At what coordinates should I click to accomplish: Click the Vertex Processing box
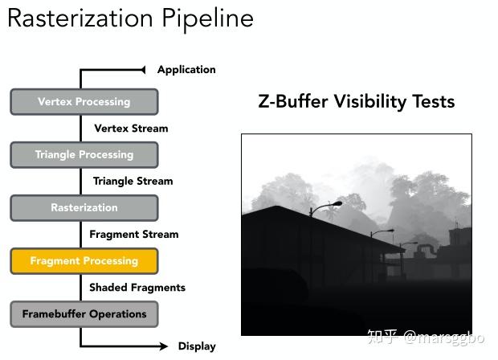click(84, 102)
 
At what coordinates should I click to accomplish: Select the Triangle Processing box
click(84, 155)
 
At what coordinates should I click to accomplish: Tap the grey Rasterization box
click(84, 208)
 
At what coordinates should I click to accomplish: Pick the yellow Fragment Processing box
click(84, 261)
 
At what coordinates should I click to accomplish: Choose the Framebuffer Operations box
click(84, 314)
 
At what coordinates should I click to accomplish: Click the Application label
click(186, 70)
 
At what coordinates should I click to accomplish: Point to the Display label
click(197, 346)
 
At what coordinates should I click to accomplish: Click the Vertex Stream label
click(131, 129)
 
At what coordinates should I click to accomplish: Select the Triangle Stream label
click(133, 181)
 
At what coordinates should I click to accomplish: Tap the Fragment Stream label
click(134, 234)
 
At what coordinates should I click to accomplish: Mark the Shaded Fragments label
click(137, 287)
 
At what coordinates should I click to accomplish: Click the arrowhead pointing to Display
click(163, 346)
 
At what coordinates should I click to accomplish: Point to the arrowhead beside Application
click(143, 70)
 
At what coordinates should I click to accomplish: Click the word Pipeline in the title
click(208, 19)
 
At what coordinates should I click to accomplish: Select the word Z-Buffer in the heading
click(293, 102)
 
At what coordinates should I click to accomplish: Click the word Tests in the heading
click(434, 102)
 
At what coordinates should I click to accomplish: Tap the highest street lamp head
click(337, 203)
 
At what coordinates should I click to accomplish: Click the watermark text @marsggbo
click(444, 337)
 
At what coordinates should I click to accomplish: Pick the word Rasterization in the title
click(80, 18)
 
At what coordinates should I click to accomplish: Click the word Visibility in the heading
click(370, 102)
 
